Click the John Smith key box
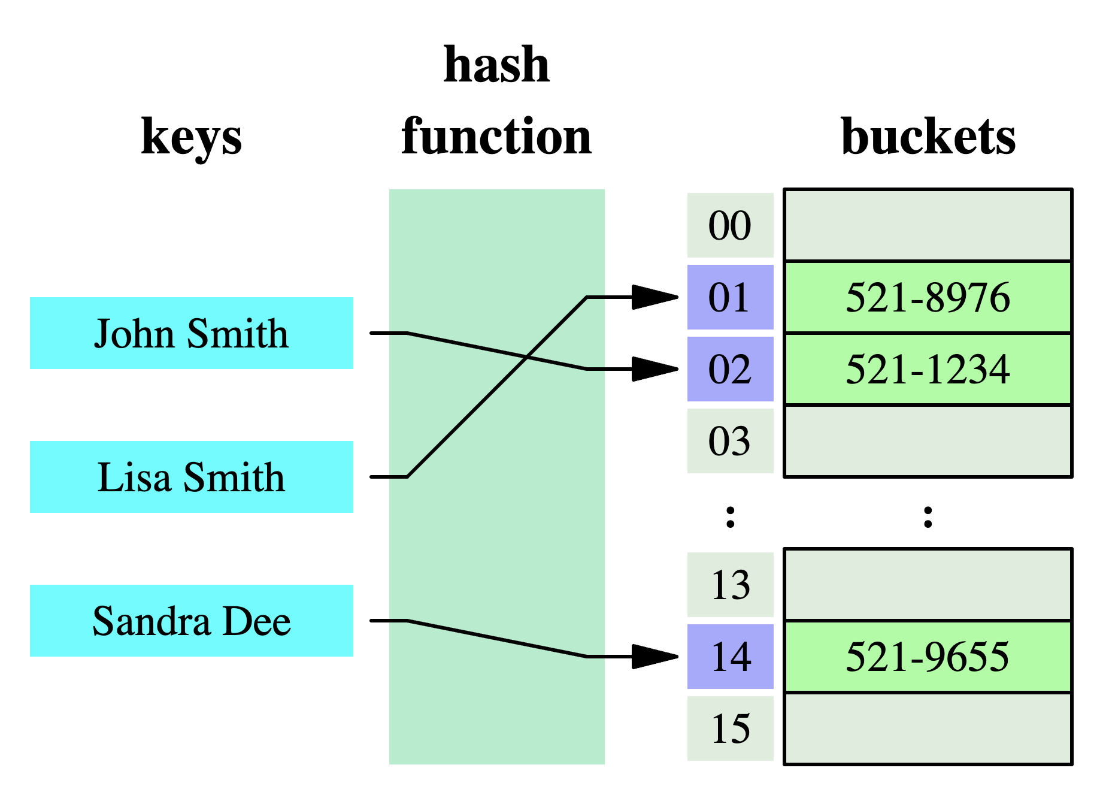tap(191, 333)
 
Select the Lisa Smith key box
tap(191, 477)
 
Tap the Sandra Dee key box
tap(191, 621)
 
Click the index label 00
tap(730, 225)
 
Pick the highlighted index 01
tap(730, 297)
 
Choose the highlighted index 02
tap(730, 369)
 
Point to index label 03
tap(730, 441)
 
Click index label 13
tap(730, 585)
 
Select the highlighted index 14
tap(730, 657)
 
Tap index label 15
tap(730, 729)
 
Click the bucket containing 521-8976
tap(928, 297)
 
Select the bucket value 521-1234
tap(928, 369)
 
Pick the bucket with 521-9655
tap(928, 657)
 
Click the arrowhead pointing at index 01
tap(656, 297)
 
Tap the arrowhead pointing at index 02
tap(656, 369)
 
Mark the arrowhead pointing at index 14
tap(656, 657)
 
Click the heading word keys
tap(191, 137)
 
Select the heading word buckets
tap(928, 137)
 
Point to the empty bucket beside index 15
tap(928, 729)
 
